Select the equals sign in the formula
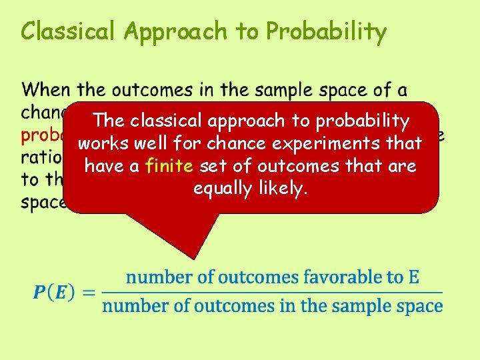tap(89, 293)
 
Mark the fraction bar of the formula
tap(272, 292)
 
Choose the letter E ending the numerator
tap(413, 277)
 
